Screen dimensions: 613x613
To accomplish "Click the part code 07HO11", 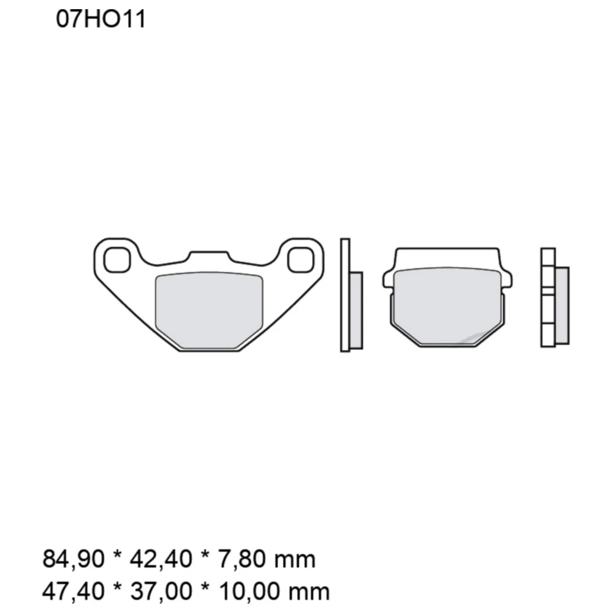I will point(101,20).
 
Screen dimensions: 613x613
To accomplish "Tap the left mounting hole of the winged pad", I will point(116,260).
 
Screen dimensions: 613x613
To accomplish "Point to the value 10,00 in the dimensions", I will point(246,592).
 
